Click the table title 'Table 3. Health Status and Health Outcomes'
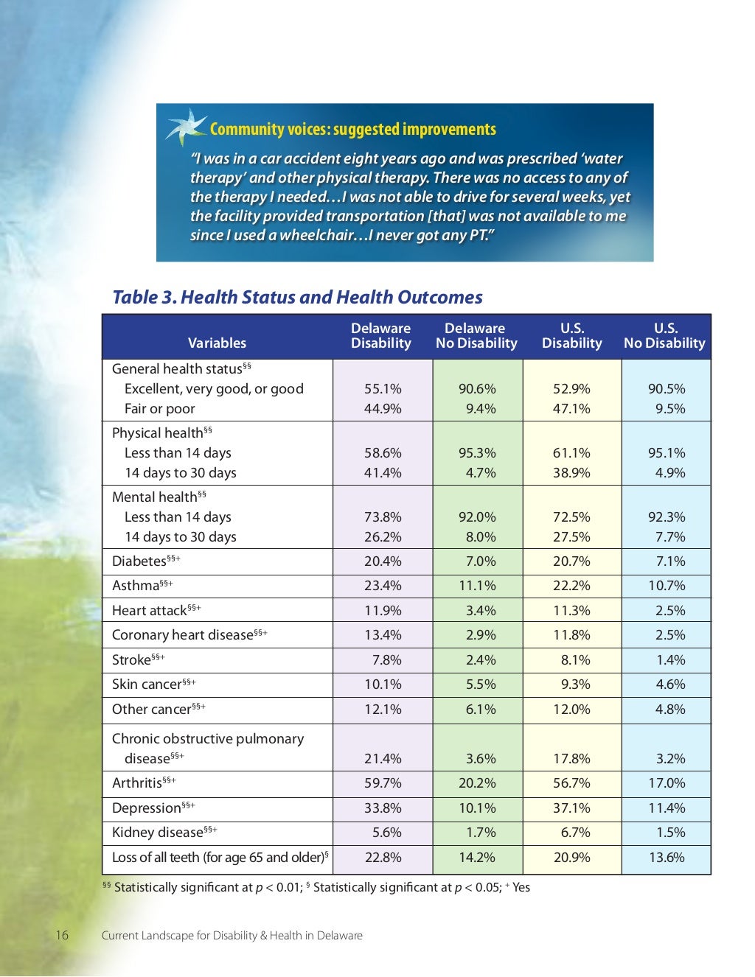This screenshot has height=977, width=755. [x=297, y=298]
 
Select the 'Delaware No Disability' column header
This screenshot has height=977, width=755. [x=476, y=336]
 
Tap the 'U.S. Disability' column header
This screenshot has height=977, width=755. [x=571, y=336]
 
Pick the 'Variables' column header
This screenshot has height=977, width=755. [x=217, y=343]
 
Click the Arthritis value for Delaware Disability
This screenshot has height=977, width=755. [x=383, y=783]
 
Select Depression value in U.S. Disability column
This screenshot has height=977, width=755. [x=571, y=808]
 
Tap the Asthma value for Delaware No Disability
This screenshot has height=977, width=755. [x=477, y=586]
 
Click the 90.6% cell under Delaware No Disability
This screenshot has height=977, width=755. [x=477, y=389]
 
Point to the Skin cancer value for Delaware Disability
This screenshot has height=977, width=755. [x=383, y=684]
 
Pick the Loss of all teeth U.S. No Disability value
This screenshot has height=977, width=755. [x=667, y=858]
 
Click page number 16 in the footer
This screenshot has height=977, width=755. [x=62, y=936]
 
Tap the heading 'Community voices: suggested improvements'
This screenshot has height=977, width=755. [x=352, y=130]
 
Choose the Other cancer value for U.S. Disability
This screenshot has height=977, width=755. [x=571, y=710]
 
